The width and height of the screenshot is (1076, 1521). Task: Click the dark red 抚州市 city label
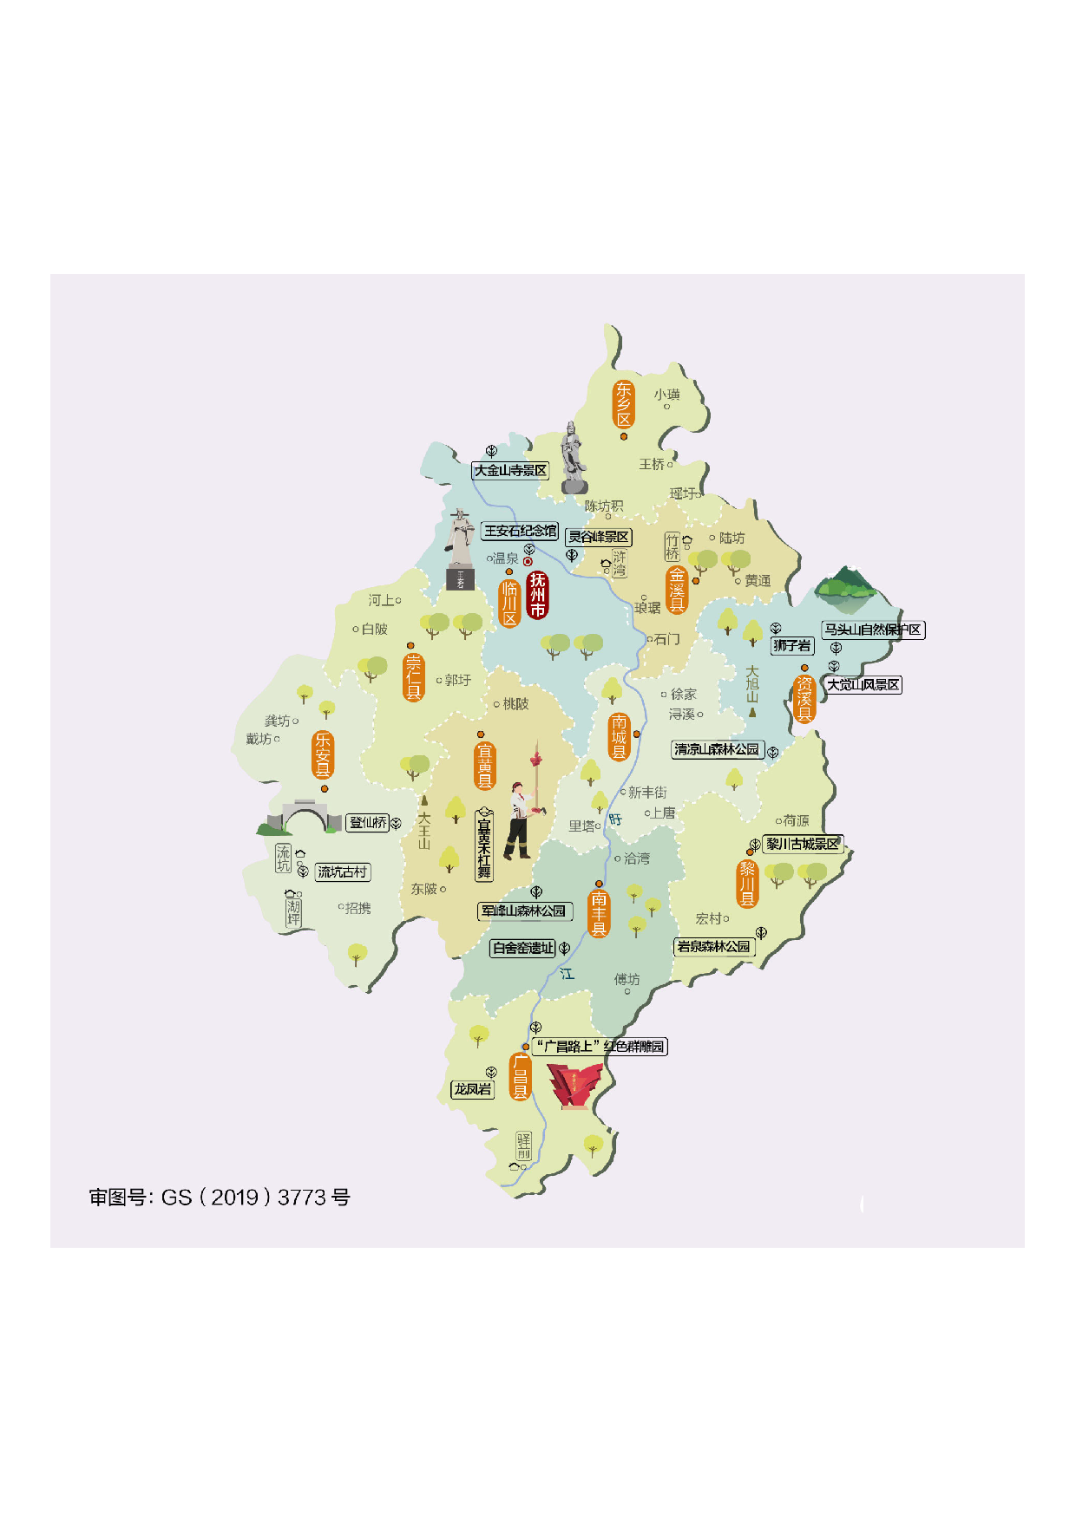click(538, 596)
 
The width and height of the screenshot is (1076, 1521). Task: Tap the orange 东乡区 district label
click(624, 404)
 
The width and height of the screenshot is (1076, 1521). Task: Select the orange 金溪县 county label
click(677, 590)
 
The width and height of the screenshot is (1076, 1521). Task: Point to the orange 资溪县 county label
click(804, 700)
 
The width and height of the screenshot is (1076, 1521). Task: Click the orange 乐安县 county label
click(323, 754)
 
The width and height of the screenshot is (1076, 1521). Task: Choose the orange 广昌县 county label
click(521, 1077)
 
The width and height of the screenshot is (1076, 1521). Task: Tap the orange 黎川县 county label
click(748, 884)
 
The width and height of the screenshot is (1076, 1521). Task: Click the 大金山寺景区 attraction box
click(510, 470)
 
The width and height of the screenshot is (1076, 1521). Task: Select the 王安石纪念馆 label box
click(520, 531)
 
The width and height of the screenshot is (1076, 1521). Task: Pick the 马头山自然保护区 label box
click(873, 630)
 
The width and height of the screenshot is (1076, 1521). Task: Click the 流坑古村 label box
click(343, 871)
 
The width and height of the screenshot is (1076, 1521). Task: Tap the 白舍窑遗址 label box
click(523, 948)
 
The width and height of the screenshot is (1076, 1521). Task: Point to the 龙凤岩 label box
click(473, 1089)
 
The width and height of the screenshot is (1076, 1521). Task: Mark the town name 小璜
click(667, 395)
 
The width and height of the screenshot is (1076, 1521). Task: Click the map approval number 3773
click(302, 1198)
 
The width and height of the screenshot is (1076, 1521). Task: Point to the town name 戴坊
click(259, 739)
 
